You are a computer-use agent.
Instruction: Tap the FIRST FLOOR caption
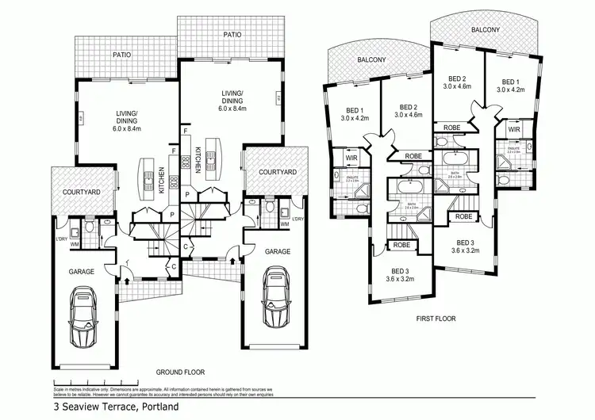pyautogui.click(x=436, y=319)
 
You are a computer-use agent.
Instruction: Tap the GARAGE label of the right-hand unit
pyautogui.click(x=278, y=251)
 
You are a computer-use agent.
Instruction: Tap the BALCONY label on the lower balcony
pyautogui.click(x=370, y=59)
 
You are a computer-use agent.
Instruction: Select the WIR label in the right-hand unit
pyautogui.click(x=513, y=128)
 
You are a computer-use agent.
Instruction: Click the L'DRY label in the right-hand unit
pyautogui.click(x=298, y=218)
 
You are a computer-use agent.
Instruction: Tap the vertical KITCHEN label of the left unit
pyautogui.click(x=161, y=180)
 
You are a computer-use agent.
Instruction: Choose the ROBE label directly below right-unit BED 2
pyautogui.click(x=452, y=128)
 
